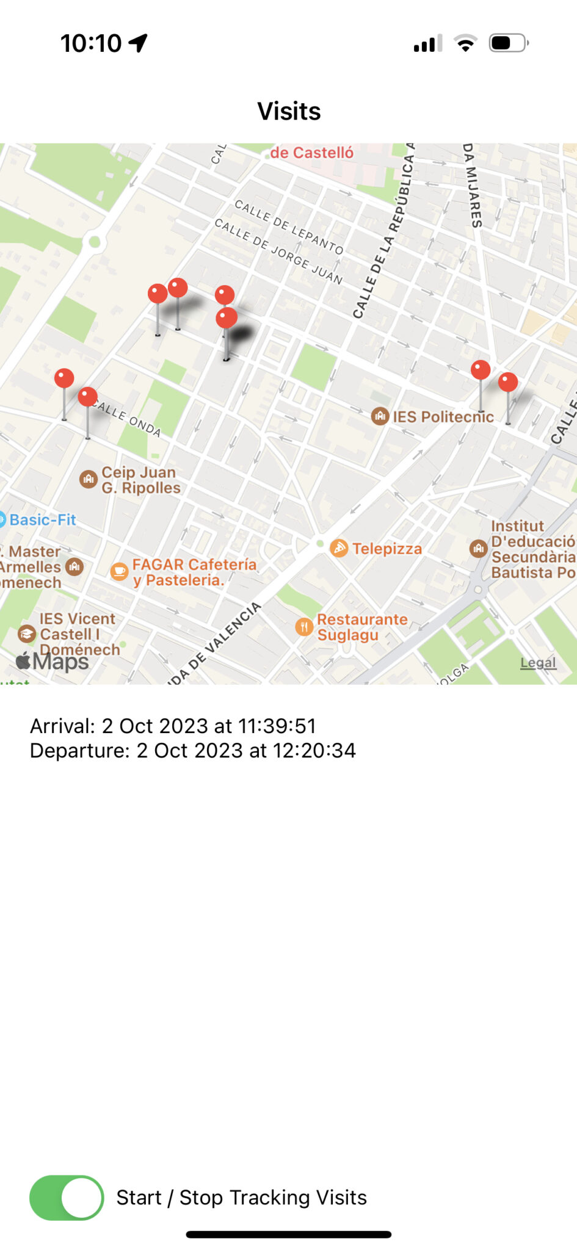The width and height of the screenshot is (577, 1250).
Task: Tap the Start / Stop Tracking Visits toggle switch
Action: (x=67, y=1198)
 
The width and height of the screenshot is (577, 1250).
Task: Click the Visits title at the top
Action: (x=289, y=111)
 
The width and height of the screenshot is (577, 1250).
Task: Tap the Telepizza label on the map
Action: (x=386, y=549)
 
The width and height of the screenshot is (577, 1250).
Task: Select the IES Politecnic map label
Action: (x=443, y=417)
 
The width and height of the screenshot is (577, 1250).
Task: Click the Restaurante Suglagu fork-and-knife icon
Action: (x=304, y=627)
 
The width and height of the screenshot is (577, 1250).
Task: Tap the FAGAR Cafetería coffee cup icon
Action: (x=119, y=572)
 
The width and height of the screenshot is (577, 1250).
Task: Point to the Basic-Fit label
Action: (x=43, y=520)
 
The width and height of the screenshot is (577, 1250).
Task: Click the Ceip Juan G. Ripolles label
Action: (x=140, y=480)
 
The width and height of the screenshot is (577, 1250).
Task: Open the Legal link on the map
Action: (x=538, y=663)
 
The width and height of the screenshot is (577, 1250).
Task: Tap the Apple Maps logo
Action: (x=53, y=662)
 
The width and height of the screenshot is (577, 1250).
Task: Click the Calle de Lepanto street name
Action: (x=289, y=226)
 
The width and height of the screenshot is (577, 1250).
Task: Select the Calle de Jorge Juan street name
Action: (x=278, y=251)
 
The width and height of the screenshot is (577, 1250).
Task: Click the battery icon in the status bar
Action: (x=508, y=43)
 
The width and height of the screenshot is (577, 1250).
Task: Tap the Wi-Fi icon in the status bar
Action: (x=465, y=43)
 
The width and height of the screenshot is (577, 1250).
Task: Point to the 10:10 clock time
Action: (x=91, y=43)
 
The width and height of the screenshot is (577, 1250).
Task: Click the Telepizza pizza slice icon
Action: (x=339, y=548)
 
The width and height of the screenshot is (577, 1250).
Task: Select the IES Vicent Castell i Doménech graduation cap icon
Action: (x=27, y=634)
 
